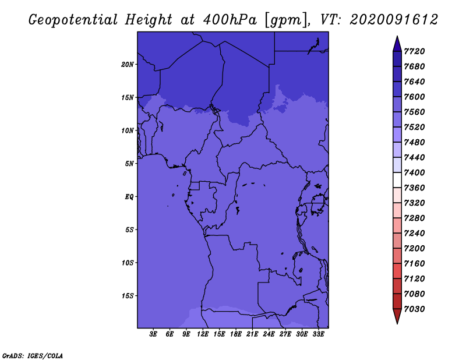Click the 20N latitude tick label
127,65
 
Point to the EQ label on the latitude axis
129,197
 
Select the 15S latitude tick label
127,296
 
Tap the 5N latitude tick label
129,164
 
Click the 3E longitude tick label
153,334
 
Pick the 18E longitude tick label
236,334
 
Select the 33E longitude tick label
318,334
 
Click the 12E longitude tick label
203,334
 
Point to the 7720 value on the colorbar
414,51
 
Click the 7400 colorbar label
414,172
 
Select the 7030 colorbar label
414,309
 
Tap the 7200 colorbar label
414,249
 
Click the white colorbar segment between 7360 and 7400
397,180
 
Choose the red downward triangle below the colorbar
397,315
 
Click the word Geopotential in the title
73,20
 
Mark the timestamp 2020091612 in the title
394,20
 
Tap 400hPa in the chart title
230,20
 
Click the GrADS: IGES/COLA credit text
33,356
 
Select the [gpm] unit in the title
287,20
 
